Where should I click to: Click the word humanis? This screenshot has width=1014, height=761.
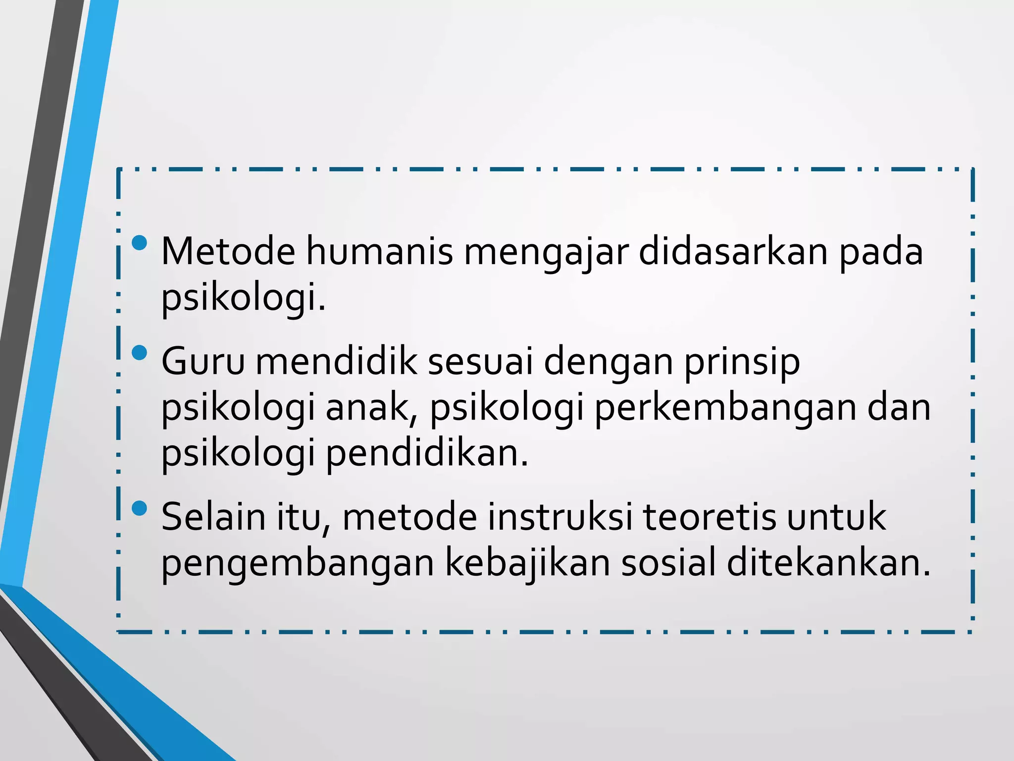tap(379, 252)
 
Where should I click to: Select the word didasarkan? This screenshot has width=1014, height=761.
tap(733, 252)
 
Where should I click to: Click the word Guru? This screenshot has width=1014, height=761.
tap(203, 362)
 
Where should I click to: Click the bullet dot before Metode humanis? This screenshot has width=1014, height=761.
tap(140, 243)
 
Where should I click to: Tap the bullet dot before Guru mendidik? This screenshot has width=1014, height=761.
tap(140, 353)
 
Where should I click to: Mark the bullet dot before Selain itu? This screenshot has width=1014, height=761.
tap(140, 508)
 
